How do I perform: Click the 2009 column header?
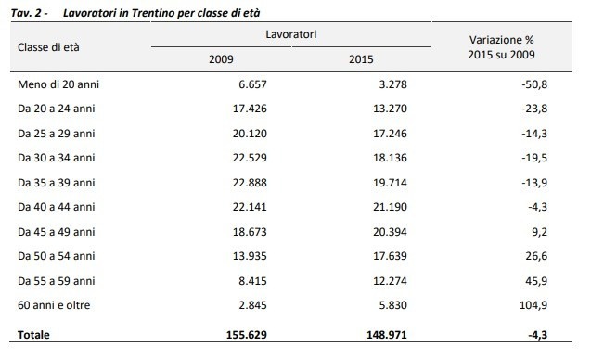pyautogui.click(x=221, y=59)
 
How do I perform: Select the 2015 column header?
pyautogui.click(x=361, y=59)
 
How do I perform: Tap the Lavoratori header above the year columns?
pyautogui.click(x=291, y=34)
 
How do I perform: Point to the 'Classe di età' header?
pyautogui.click(x=48, y=47)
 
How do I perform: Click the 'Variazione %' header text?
pyautogui.click(x=501, y=40)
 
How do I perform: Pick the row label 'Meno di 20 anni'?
pyautogui.click(x=58, y=84)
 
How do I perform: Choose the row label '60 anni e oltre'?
pyautogui.click(x=54, y=305)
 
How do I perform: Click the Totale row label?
pyautogui.click(x=33, y=335)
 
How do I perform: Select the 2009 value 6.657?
pyautogui.click(x=252, y=84)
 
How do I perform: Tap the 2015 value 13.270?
pyautogui.click(x=390, y=109)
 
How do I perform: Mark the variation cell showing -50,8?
pyautogui.click(x=534, y=84)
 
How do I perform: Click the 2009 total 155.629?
pyautogui.click(x=247, y=335)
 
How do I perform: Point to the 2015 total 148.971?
pyautogui.click(x=387, y=335)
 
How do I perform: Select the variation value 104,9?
pyautogui.click(x=533, y=305)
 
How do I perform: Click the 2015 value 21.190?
pyautogui.click(x=390, y=207)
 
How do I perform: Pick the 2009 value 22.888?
pyautogui.click(x=250, y=183)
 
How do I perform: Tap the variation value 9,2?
pyautogui.click(x=539, y=232)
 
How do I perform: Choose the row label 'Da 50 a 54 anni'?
pyautogui.click(x=57, y=256)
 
